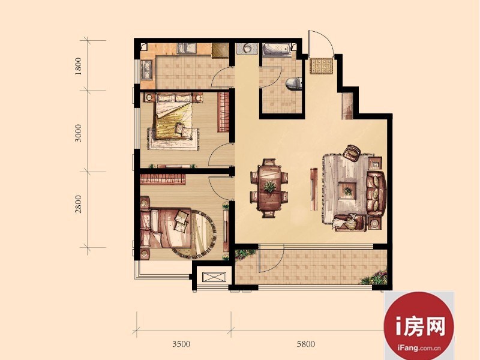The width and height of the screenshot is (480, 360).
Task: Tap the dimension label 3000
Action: point(79,133)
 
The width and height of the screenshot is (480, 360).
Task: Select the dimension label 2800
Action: point(79,204)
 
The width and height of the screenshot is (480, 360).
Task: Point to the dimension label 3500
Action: point(181,344)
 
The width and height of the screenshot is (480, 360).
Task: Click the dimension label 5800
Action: point(306,344)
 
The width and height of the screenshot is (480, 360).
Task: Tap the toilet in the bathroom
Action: point(293,83)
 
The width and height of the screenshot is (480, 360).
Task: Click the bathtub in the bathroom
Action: point(277,50)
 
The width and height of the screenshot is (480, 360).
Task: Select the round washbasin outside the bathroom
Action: point(247,49)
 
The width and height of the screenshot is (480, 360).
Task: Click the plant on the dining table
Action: point(269,187)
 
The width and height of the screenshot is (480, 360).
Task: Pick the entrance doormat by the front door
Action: point(321,66)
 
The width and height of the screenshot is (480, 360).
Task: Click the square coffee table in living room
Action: point(348,190)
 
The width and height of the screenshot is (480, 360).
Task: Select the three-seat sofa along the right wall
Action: point(376,193)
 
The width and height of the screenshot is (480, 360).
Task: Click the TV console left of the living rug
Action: point(314,189)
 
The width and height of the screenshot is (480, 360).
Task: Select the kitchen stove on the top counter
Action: point(187,49)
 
